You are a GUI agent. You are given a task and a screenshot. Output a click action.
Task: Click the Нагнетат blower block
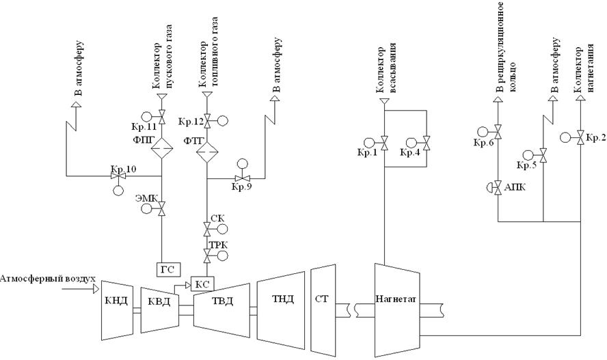(396, 299)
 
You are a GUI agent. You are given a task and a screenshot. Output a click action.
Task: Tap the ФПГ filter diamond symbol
(162, 147)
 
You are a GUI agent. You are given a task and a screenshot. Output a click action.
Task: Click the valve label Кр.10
(124, 169)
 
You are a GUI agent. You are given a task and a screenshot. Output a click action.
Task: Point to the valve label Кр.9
(242, 186)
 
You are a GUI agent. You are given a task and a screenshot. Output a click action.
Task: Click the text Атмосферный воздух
(47, 279)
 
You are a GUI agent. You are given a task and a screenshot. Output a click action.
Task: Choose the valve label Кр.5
(526, 165)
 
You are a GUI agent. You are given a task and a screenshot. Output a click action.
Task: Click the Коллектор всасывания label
(383, 68)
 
